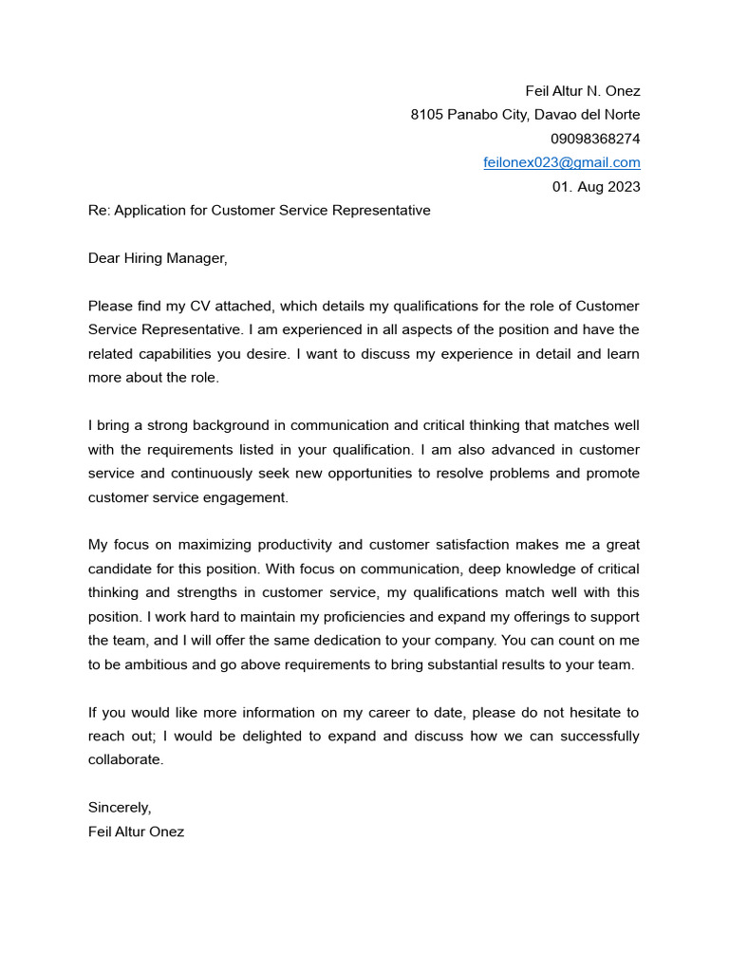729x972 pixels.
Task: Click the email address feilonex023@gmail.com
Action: (562, 162)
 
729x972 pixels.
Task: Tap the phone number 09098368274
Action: (595, 139)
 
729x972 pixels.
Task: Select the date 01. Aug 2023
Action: (596, 187)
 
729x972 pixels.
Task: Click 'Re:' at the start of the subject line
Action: (99, 211)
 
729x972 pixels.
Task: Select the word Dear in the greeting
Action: (104, 258)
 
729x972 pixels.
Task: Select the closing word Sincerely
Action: (120, 808)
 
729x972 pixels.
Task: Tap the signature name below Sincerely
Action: (137, 832)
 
